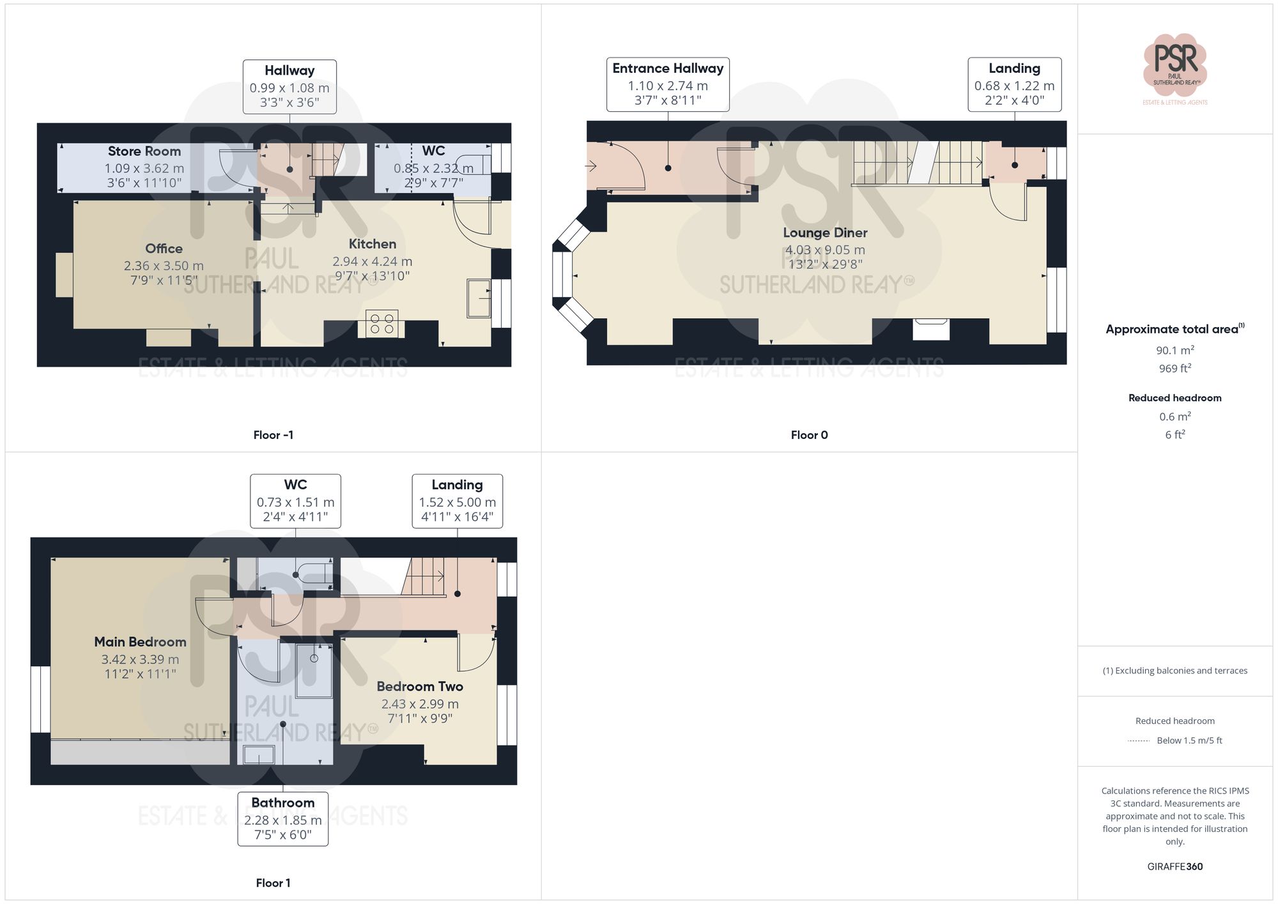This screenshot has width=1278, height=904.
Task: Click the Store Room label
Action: (x=144, y=151)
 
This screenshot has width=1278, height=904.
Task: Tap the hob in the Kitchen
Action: (x=381, y=323)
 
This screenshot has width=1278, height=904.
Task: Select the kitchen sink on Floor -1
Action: (x=479, y=298)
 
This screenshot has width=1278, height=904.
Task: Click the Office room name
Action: (x=164, y=249)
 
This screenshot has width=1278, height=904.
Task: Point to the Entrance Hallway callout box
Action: (x=668, y=84)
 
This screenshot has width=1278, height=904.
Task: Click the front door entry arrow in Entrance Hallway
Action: (x=591, y=166)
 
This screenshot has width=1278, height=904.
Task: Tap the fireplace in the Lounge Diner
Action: (x=931, y=328)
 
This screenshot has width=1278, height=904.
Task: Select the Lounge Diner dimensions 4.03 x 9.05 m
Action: (x=824, y=250)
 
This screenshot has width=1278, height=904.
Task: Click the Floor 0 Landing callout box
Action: (x=1014, y=84)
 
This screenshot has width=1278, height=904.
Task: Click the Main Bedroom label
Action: (x=140, y=642)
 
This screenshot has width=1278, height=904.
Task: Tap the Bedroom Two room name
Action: (x=419, y=687)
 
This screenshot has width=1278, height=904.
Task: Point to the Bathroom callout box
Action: (x=282, y=819)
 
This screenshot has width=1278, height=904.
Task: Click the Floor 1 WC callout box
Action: (x=295, y=501)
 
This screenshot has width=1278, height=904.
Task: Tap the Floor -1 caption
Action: (x=273, y=435)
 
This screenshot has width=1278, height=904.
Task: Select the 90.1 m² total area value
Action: (x=1174, y=350)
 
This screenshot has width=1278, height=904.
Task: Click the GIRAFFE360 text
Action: (x=1174, y=866)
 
